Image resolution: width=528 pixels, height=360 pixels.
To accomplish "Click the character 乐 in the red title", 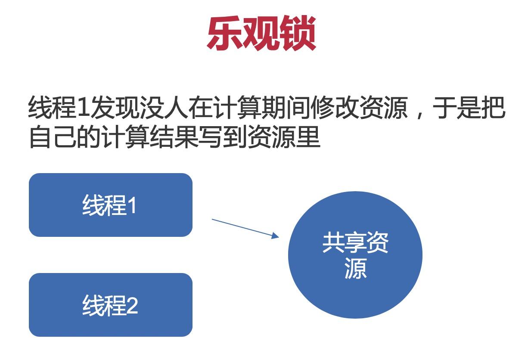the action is [225, 33].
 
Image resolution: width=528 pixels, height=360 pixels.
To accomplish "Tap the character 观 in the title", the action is [262, 33].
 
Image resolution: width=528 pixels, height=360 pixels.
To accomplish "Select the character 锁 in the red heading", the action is [298, 33].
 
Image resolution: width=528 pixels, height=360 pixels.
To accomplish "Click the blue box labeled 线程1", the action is [111, 205].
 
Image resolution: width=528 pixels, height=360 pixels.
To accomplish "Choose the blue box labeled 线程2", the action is [111, 305].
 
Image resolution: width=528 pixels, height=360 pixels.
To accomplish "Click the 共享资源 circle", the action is [355, 255].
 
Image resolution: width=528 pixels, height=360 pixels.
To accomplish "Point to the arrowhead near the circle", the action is [275, 236].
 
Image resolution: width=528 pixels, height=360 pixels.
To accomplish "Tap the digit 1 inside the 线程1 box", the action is [133, 205].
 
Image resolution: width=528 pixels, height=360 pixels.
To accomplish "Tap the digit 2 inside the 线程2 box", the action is [132, 305].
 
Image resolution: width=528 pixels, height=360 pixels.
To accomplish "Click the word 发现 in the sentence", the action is [115, 107].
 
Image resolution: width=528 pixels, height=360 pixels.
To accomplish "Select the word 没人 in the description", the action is [163, 107].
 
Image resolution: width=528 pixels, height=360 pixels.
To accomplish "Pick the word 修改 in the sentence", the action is [334, 107].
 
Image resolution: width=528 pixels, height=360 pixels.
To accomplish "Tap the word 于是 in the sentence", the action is [456, 107].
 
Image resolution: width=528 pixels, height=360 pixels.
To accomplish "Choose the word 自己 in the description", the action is [53, 137].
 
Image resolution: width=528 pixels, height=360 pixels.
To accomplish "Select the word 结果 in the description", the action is [174, 137].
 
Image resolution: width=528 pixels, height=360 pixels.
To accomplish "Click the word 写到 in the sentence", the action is [223, 137].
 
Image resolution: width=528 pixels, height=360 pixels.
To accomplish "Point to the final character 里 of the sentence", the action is [308, 137].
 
